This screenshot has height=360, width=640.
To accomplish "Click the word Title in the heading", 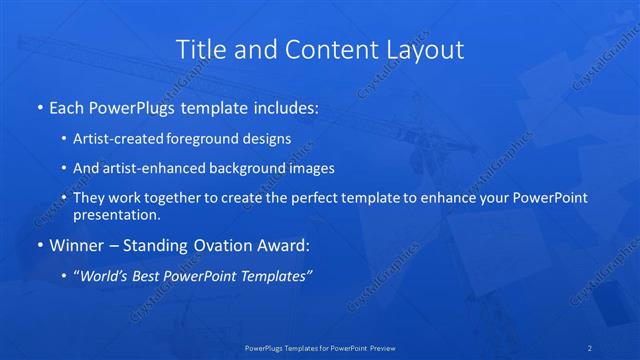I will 200,49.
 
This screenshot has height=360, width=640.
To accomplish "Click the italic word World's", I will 103,275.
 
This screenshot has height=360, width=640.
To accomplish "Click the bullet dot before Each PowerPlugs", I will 39,108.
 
